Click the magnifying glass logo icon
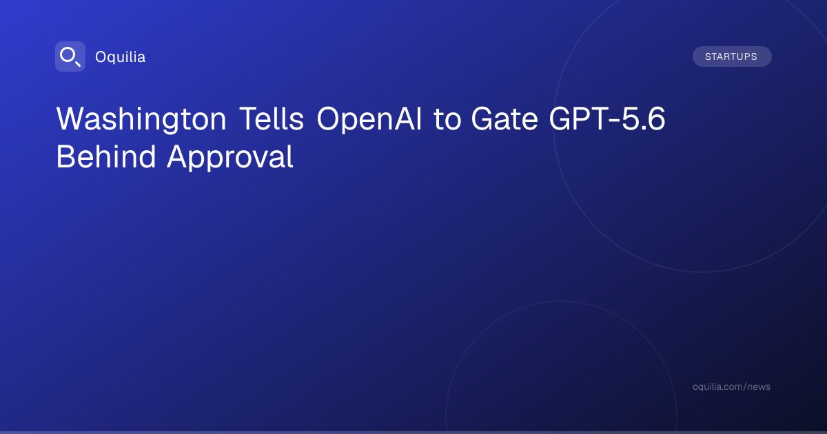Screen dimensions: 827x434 click(70, 56)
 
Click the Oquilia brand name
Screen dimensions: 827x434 click(121, 57)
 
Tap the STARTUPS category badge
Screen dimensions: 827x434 click(732, 56)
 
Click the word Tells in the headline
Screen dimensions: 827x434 click(272, 118)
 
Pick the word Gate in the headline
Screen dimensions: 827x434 click(504, 118)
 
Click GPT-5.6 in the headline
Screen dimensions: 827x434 click(607, 118)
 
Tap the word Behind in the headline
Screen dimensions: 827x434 click(106, 156)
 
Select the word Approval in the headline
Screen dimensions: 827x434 click(230, 158)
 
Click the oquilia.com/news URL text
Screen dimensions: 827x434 click(731, 386)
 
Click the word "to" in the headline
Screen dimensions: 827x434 click(447, 119)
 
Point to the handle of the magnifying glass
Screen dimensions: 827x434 click(78, 64)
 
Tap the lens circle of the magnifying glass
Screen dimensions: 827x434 click(68, 55)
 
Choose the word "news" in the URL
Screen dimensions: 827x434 click(759, 387)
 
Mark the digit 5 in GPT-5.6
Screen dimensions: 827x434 click(629, 118)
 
